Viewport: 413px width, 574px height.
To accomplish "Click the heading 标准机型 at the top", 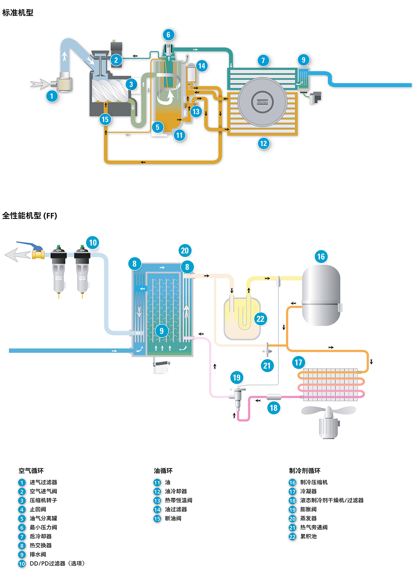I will (x=18, y=12).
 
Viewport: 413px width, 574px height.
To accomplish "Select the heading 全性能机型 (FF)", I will (x=30, y=216).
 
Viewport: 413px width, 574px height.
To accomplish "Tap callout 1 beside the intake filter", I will (x=52, y=96).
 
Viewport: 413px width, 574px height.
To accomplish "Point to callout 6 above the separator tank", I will (x=168, y=35).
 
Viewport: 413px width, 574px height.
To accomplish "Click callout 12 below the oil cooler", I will (x=263, y=143).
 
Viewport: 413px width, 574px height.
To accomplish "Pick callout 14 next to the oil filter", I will (x=202, y=66).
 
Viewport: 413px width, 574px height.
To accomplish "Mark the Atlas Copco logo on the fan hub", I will (x=262, y=102).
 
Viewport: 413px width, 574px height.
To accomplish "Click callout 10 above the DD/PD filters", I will (x=93, y=243).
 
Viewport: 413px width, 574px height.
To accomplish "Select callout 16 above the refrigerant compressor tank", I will (x=321, y=257).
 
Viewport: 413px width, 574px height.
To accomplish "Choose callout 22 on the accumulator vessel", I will (x=260, y=319).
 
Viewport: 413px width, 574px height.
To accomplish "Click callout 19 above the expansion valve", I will (x=237, y=378).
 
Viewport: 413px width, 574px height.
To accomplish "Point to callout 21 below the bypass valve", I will (x=267, y=365).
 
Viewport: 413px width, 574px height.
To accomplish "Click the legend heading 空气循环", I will (x=31, y=471).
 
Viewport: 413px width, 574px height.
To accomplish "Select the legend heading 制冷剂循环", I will (x=305, y=471).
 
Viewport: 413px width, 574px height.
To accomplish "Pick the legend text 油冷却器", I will (x=176, y=491).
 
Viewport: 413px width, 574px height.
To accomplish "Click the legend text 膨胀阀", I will (x=308, y=509).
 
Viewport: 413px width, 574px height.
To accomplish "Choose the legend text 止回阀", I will (x=38, y=509).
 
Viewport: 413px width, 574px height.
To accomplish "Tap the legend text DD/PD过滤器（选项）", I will (x=57, y=563).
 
